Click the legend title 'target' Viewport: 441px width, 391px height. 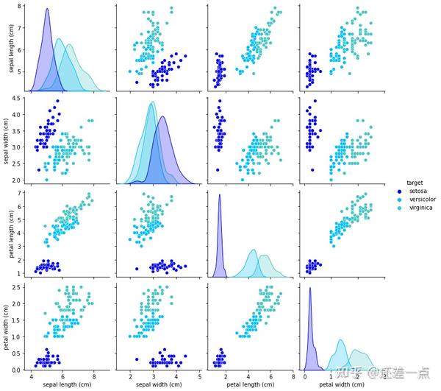tap(414, 180)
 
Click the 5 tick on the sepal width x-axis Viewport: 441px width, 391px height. tap(200, 377)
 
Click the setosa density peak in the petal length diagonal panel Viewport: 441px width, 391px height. tap(220, 194)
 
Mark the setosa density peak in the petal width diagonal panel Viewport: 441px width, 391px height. tap(310, 287)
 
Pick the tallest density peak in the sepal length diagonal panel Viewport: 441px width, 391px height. tap(47, 10)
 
